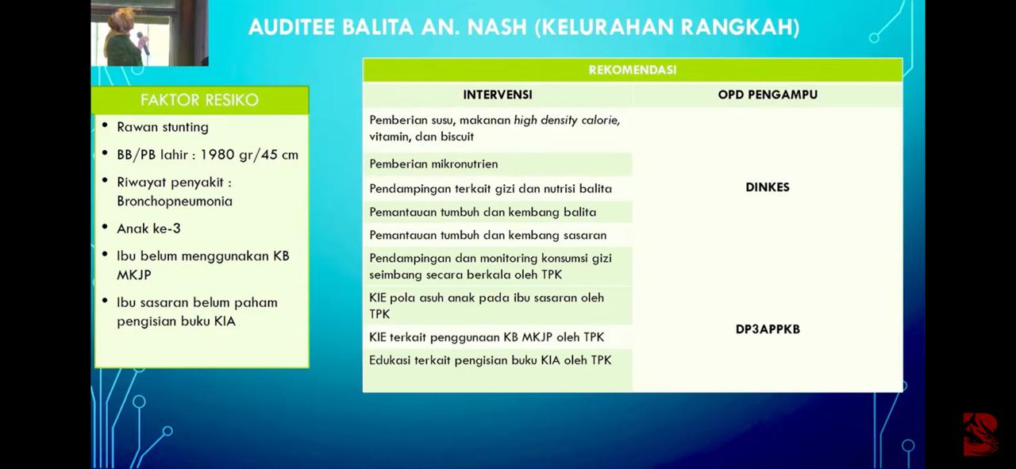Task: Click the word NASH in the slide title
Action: click(x=496, y=27)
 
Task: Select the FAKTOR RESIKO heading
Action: click(x=199, y=100)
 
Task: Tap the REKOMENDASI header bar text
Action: click(x=633, y=70)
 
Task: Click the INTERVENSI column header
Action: click(x=498, y=94)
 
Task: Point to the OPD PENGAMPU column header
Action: click(x=768, y=94)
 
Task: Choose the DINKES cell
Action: click(x=768, y=186)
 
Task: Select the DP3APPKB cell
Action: click(x=768, y=329)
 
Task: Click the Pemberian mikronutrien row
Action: click(x=433, y=163)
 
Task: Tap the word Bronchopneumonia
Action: click(x=175, y=201)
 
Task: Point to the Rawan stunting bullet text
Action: click(x=163, y=127)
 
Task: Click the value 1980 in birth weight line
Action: click(x=217, y=155)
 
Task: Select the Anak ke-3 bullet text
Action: click(x=148, y=228)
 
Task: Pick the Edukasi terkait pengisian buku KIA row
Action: click(x=491, y=360)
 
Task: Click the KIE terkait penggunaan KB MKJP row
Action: click(x=487, y=337)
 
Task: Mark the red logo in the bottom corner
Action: click(x=980, y=434)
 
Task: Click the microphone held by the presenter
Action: click(x=144, y=43)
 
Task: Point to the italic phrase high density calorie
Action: click(x=567, y=120)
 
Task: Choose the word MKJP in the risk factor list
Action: click(x=134, y=275)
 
